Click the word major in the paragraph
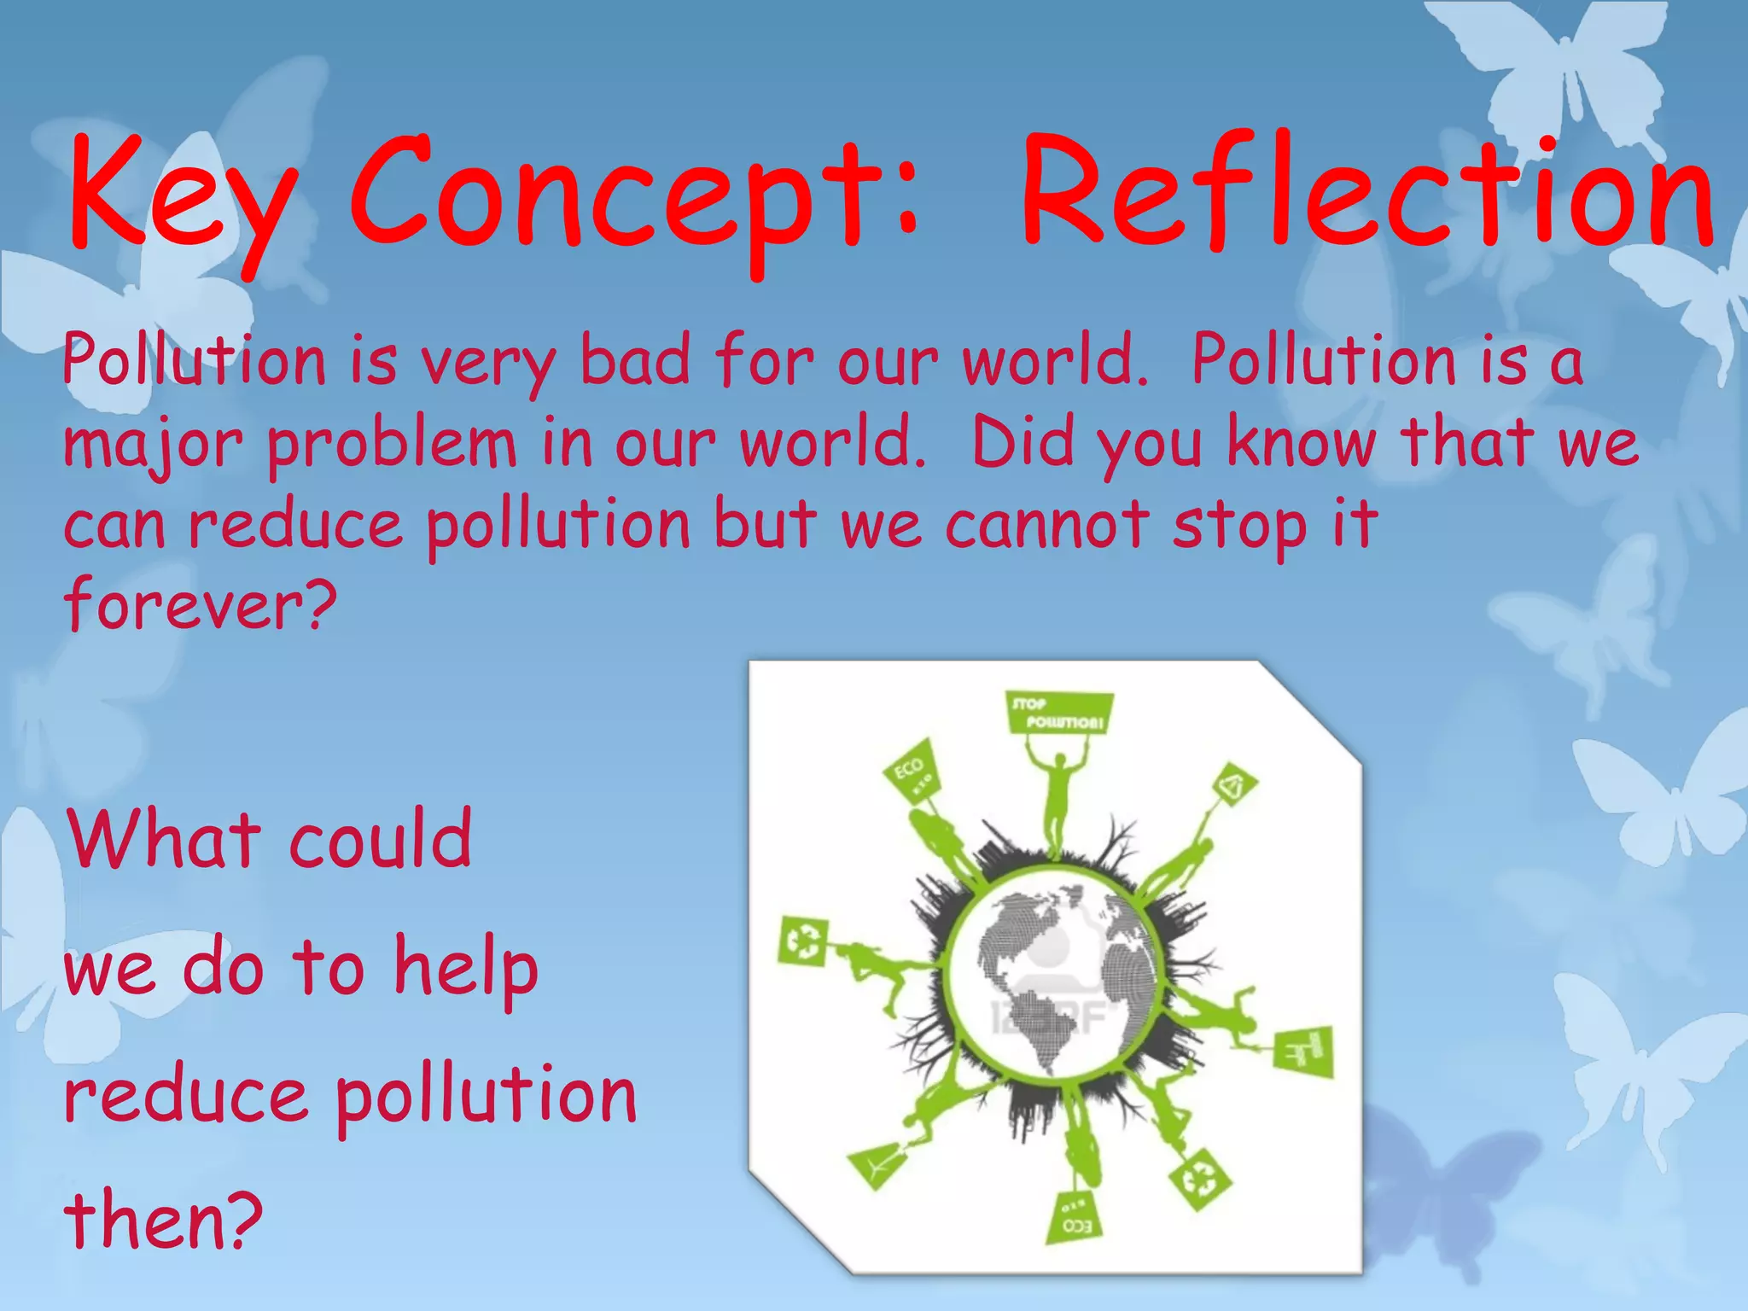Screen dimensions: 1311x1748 click(x=154, y=444)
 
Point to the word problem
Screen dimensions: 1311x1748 click(x=393, y=444)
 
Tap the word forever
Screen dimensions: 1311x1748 click(x=201, y=604)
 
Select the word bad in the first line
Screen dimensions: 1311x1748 click(x=635, y=360)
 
